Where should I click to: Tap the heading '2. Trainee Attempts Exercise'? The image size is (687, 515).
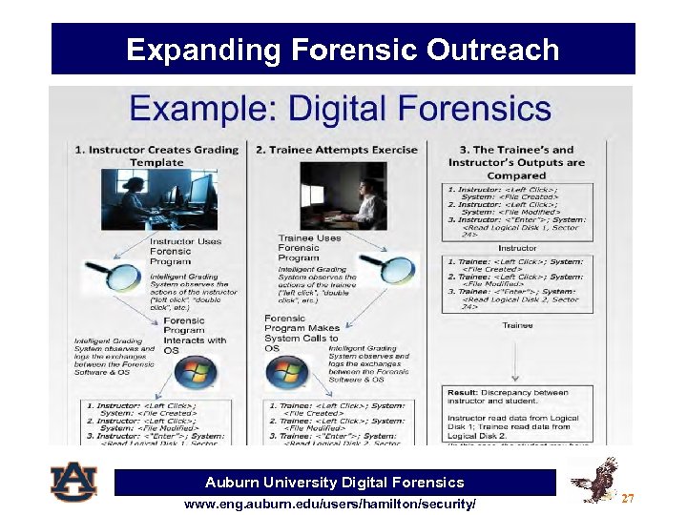(337, 150)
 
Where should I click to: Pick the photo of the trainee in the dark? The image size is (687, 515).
(343, 196)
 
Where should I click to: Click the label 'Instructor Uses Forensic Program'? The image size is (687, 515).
(185, 252)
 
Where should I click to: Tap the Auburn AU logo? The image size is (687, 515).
(74, 482)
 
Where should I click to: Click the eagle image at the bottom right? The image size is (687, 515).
(593, 480)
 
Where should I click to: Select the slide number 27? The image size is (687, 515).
(627, 498)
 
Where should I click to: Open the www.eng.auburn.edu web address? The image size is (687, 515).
(330, 503)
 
